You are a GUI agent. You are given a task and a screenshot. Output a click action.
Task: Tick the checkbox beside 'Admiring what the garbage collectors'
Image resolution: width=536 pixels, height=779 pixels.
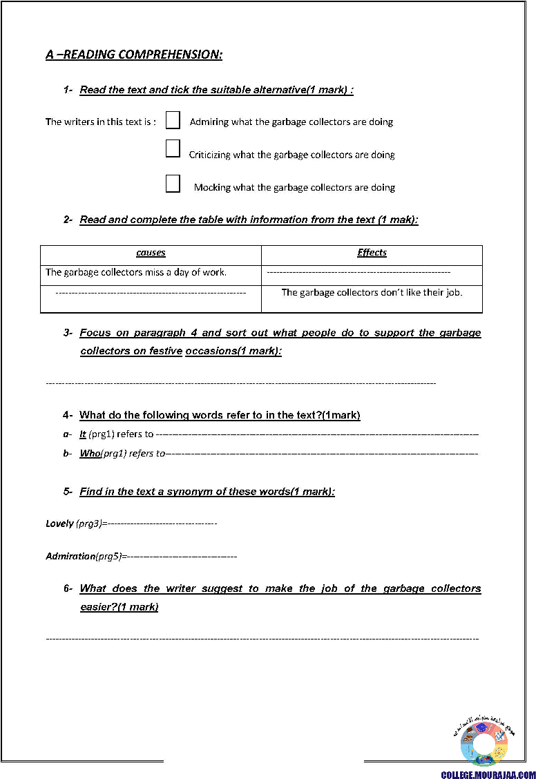pyautogui.click(x=173, y=121)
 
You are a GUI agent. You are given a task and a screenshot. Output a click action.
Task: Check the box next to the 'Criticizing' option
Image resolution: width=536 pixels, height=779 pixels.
pyautogui.click(x=173, y=148)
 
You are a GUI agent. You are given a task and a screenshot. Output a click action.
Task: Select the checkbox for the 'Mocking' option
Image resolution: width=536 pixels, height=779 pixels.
pyautogui.click(x=173, y=184)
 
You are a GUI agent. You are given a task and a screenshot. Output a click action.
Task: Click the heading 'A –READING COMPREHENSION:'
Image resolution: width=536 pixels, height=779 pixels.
pyautogui.click(x=134, y=55)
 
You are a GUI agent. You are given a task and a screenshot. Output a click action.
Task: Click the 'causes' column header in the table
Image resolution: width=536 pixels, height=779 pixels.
pyautogui.click(x=151, y=253)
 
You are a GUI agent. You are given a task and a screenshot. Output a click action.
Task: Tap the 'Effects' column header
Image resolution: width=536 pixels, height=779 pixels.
pyautogui.click(x=372, y=253)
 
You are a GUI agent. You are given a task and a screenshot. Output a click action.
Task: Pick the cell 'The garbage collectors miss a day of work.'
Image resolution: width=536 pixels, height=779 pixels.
pyautogui.click(x=136, y=272)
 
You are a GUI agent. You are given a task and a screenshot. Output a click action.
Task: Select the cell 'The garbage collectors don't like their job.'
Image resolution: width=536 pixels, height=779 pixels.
pyautogui.click(x=372, y=292)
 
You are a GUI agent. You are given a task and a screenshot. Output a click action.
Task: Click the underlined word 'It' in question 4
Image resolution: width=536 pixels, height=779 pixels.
pyautogui.click(x=83, y=434)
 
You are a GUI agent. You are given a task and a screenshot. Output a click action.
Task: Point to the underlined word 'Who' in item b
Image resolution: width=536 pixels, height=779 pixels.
pyautogui.click(x=90, y=454)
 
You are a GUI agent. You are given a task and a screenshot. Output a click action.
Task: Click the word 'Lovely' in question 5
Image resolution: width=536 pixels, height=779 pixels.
pyautogui.click(x=59, y=523)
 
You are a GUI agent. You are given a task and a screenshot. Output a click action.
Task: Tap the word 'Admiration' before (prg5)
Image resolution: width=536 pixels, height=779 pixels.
pyautogui.click(x=70, y=556)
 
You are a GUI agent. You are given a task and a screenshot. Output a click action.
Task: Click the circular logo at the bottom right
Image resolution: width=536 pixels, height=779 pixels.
pyautogui.click(x=484, y=741)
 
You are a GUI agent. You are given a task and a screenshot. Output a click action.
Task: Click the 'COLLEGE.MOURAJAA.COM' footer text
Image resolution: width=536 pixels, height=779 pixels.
pyautogui.click(x=488, y=775)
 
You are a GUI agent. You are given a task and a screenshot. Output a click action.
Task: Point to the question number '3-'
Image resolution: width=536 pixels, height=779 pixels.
pyautogui.click(x=68, y=333)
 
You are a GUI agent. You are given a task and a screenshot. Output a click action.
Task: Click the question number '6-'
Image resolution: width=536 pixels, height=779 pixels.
pyautogui.click(x=68, y=588)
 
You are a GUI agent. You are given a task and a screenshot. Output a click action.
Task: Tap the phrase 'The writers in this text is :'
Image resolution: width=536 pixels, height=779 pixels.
pyautogui.click(x=101, y=122)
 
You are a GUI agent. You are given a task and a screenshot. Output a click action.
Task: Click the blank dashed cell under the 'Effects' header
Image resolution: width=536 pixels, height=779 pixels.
pyautogui.click(x=358, y=273)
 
